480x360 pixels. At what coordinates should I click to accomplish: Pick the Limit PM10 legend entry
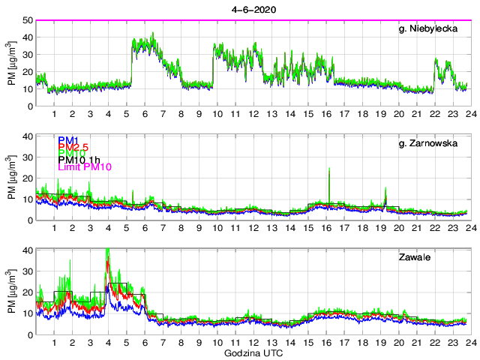pos(85,167)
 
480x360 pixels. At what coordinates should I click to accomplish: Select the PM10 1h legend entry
pos(79,158)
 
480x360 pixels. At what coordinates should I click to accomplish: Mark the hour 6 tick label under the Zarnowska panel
pos(145,228)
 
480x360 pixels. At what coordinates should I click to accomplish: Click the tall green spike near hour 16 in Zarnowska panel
pos(329,171)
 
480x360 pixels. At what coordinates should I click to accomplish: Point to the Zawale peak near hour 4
pos(108,252)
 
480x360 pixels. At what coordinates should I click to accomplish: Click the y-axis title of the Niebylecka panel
pos(10,63)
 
